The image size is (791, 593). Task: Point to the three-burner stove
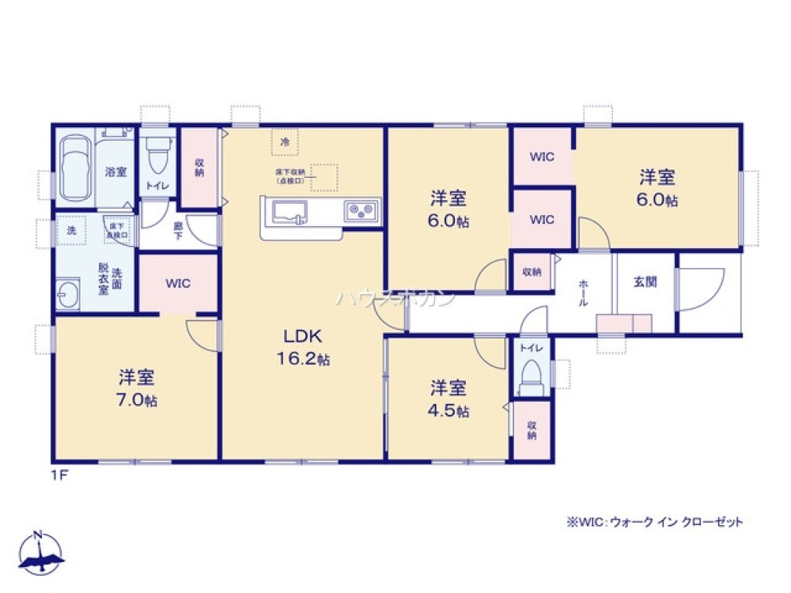pos(361,212)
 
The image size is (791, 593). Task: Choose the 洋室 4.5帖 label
pos(448,399)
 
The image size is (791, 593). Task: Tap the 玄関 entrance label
pos(645,281)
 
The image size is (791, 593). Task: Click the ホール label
pos(584,293)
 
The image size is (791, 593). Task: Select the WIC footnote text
pos(654,523)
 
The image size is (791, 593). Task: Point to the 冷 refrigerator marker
pos(285,142)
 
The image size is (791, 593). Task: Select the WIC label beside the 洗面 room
pos(177,282)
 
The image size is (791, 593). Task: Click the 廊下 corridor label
pos(178,229)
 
